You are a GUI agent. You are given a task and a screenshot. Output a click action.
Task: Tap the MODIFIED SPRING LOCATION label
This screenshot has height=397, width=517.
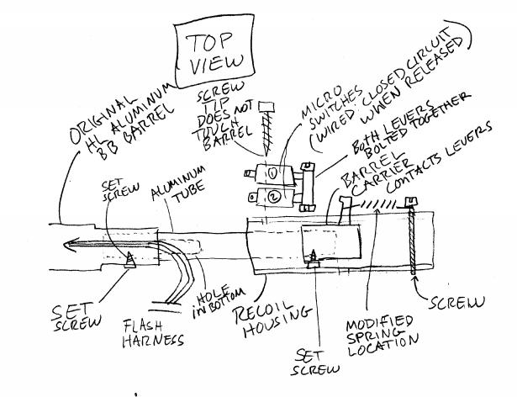[383, 336]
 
